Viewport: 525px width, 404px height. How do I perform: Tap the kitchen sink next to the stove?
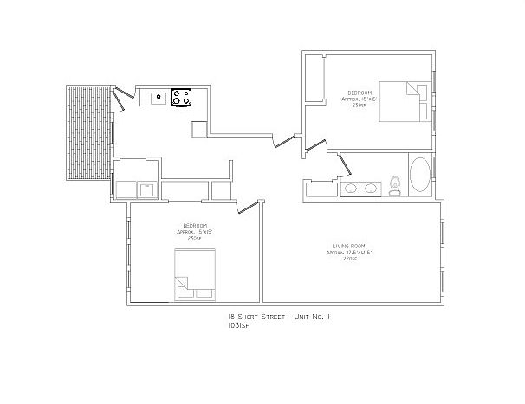click(x=159, y=98)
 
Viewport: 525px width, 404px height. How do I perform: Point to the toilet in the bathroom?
click(x=395, y=184)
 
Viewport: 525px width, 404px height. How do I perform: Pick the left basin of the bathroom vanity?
click(x=352, y=188)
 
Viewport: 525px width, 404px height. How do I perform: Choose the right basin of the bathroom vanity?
click(x=372, y=188)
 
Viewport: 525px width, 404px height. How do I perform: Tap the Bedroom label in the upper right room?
click(x=360, y=92)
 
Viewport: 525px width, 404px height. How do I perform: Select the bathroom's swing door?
click(x=345, y=162)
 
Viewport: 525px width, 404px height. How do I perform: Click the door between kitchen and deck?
click(x=123, y=91)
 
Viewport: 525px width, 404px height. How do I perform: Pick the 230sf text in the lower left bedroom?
click(x=195, y=238)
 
